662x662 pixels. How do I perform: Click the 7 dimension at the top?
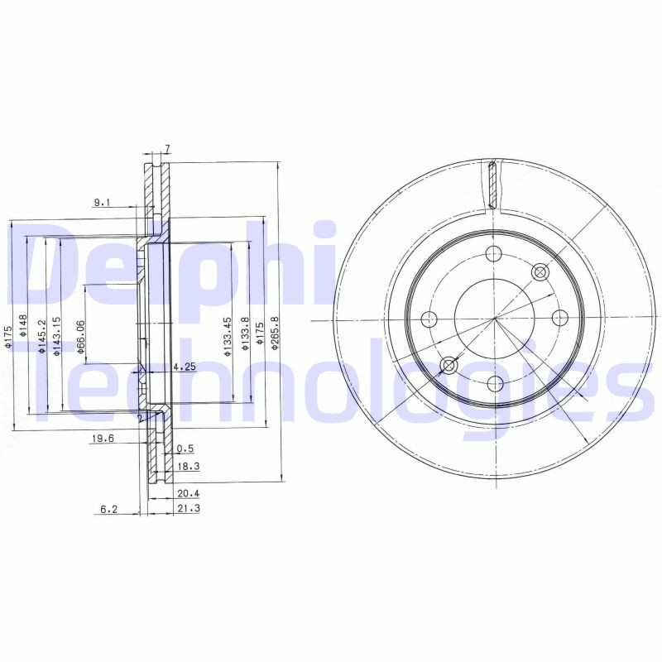point(167,148)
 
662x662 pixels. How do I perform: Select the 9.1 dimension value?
point(102,201)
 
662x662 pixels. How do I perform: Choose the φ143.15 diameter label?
point(56,336)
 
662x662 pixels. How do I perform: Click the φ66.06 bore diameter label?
point(81,338)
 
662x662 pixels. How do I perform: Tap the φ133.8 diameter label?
point(245,334)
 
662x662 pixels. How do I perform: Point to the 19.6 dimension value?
point(102,439)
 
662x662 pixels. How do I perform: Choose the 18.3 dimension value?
point(188,467)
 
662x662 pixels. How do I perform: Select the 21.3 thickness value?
point(188,508)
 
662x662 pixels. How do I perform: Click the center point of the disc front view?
point(494,319)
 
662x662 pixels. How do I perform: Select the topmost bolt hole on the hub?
point(494,254)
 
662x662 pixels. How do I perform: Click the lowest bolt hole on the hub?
point(494,382)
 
